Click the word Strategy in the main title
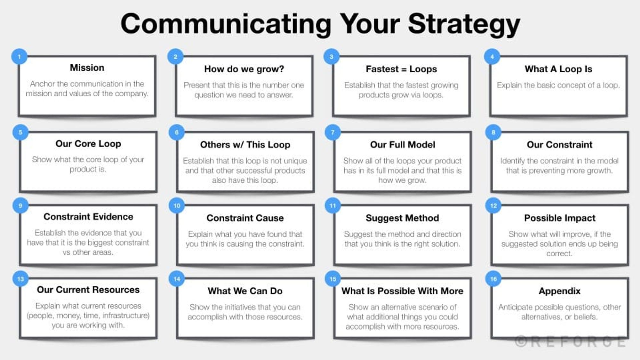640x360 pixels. pos(464,24)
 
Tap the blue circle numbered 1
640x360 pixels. pos(19,57)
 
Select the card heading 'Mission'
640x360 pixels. pos(87,68)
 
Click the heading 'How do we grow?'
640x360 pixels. pos(244,69)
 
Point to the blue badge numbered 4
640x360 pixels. pos(492,57)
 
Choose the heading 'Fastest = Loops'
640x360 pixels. pos(401,69)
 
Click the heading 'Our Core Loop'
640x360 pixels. pos(88,144)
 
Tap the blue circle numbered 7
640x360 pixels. pos(333,132)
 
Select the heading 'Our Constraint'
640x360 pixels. pos(559,145)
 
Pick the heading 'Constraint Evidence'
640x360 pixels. pos(88,217)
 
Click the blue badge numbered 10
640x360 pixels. pos(177,206)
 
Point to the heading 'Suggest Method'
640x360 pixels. pos(402,218)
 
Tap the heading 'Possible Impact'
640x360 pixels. pos(560,218)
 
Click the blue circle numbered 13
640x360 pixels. pos(20,279)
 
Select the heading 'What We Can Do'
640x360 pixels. pos(245,291)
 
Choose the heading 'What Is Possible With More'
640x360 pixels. pos(402,291)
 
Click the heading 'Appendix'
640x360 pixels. pos(559,291)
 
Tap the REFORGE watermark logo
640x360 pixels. pos(570,342)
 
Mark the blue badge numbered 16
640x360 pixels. pos(493,279)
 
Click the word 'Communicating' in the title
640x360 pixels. pos(226,24)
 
